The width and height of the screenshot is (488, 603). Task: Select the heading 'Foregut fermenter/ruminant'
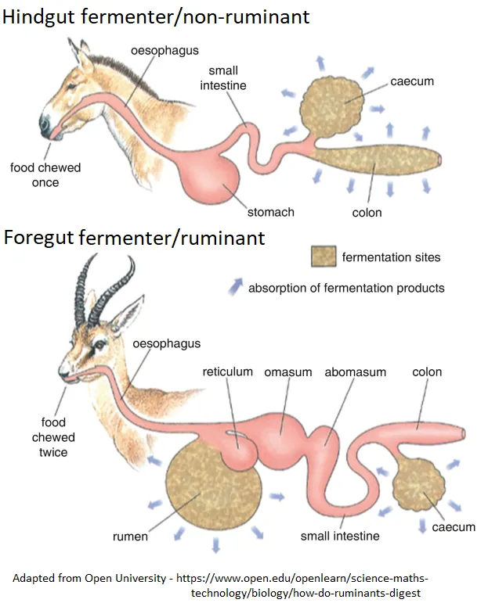click(x=135, y=237)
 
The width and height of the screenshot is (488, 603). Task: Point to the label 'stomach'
click(x=270, y=212)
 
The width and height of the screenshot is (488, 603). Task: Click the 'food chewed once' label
click(x=45, y=175)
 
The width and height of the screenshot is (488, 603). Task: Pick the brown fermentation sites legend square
click(x=324, y=257)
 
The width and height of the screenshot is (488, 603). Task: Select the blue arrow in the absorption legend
click(x=234, y=287)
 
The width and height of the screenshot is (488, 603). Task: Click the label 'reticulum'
click(x=227, y=371)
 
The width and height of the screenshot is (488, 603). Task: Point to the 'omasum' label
click(x=287, y=371)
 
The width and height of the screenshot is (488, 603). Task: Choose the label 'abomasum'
click(x=355, y=371)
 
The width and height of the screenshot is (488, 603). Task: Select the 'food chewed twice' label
click(x=53, y=437)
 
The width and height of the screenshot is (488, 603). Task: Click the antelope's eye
click(x=99, y=343)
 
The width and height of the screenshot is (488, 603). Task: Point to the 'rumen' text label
click(x=129, y=537)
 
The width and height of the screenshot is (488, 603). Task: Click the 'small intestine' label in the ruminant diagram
click(x=340, y=537)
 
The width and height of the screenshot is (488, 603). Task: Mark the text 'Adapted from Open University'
click(x=92, y=579)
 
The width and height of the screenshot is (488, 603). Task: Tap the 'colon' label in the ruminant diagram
click(x=427, y=371)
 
